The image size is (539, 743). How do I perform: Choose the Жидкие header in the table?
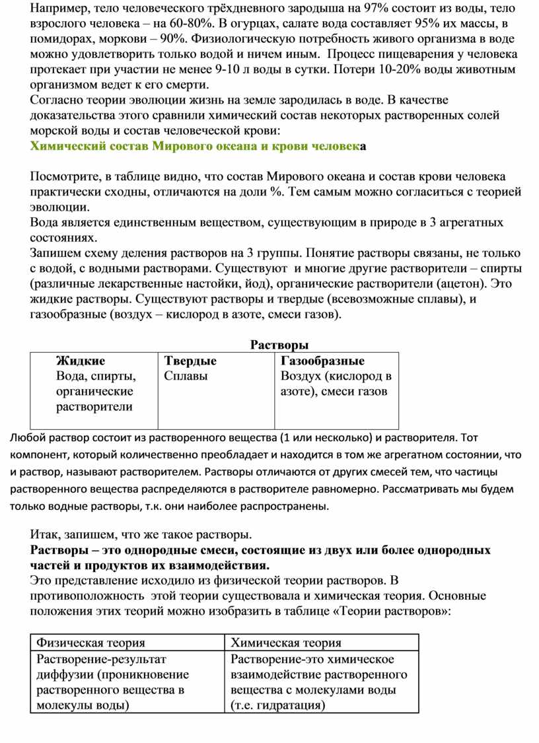pos(81,361)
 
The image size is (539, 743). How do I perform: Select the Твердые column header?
pos(190,361)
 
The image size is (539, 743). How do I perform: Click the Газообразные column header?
pos(323,361)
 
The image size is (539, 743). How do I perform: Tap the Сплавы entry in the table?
pos(186,376)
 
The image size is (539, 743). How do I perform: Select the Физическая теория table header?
pos(91,642)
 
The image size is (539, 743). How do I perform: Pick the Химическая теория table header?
pos(287,642)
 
